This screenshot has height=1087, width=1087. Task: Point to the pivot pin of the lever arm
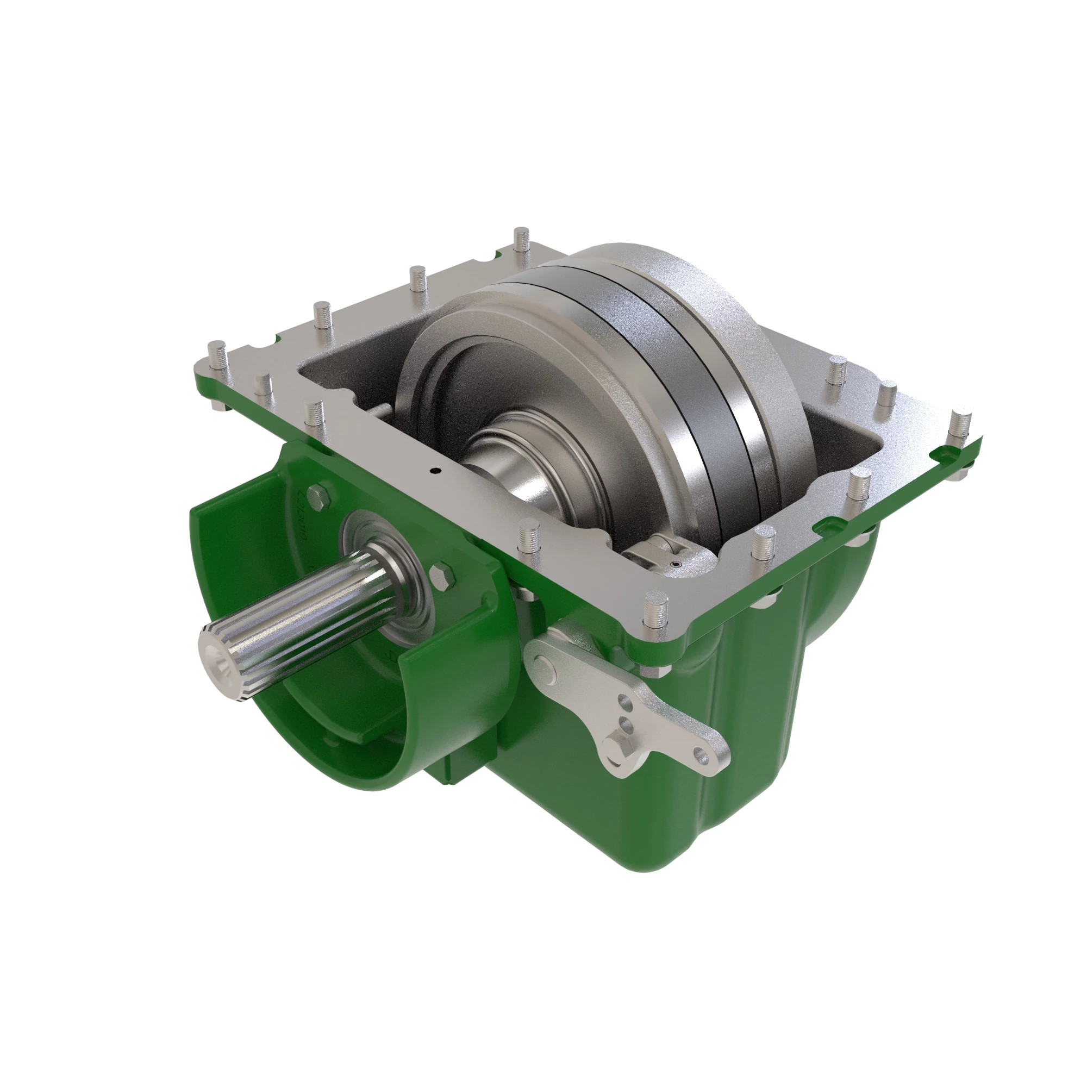[x=542, y=667]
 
